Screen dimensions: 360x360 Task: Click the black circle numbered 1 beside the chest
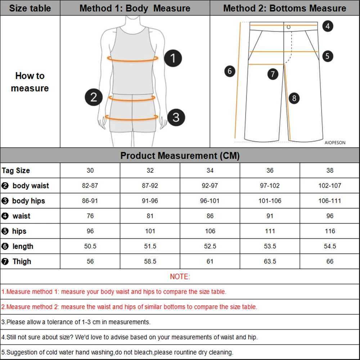click(173, 58)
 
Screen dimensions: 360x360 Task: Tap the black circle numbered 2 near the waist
click(94, 97)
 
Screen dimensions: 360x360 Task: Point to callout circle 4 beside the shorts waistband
click(327, 26)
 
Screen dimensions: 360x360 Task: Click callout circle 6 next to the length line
click(230, 71)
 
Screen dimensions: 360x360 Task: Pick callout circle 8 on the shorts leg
click(294, 98)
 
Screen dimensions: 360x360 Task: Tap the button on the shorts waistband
click(288, 27)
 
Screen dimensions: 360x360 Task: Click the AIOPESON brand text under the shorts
click(335, 143)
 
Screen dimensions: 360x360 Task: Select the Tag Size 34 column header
click(210, 170)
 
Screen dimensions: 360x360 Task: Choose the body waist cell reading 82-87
click(90, 186)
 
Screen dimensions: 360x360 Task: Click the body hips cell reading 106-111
click(330, 201)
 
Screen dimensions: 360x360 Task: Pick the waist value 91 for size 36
click(270, 216)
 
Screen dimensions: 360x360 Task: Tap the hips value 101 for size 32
click(150, 231)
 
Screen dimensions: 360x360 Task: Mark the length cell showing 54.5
click(330, 246)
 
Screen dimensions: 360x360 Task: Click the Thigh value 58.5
click(150, 261)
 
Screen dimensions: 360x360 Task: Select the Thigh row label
click(22, 261)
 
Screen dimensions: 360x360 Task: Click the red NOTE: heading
click(180, 276)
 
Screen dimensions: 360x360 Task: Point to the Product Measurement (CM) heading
click(180, 156)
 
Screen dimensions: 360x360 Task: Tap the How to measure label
click(30, 82)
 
